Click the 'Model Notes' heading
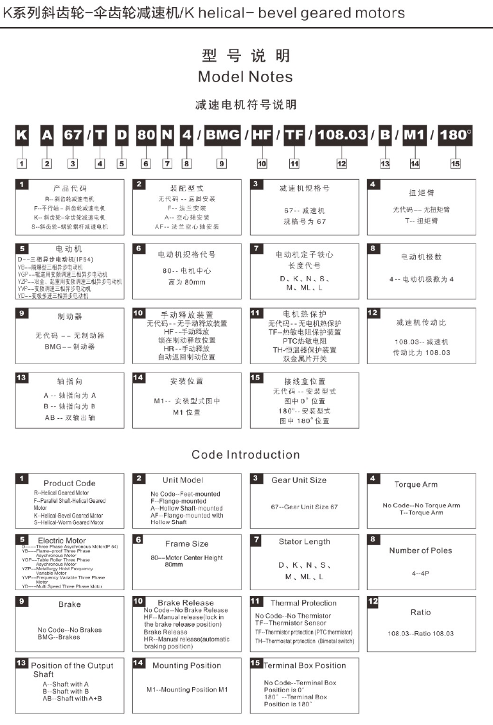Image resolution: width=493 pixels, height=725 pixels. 245,77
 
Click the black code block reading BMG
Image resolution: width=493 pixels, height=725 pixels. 223,135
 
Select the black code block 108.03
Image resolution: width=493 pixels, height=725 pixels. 341,135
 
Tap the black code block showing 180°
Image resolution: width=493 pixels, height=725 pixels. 455,135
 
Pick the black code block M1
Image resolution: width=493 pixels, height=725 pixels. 415,135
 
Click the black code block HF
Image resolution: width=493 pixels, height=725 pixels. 262,135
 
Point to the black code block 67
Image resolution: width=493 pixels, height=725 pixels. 73,135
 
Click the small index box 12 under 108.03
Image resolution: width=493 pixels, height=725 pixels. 341,164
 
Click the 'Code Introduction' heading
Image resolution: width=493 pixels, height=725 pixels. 246,455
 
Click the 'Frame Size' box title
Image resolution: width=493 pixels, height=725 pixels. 186,543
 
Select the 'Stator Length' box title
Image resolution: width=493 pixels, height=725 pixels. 304,541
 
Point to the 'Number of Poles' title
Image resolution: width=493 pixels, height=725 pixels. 420,550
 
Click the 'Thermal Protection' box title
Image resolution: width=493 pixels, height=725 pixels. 303,603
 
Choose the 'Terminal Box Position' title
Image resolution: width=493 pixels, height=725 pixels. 305,665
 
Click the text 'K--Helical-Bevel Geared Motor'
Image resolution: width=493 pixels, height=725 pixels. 68,515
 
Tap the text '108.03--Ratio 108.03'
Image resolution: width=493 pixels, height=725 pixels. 420,633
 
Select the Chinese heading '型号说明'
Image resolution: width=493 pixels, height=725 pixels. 246,55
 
